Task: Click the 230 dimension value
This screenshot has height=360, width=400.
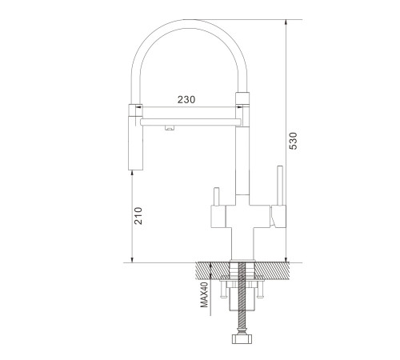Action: click(x=186, y=99)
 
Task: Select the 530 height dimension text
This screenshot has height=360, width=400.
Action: click(x=293, y=141)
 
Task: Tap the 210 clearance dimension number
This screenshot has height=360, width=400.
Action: click(x=138, y=216)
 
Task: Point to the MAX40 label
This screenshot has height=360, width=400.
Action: click(x=205, y=295)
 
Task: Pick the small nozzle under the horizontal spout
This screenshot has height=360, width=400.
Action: click(x=170, y=128)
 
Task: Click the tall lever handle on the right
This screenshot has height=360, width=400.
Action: click(x=280, y=186)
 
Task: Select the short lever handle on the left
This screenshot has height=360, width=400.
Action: click(x=216, y=197)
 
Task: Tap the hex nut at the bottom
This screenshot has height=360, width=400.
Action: click(x=242, y=339)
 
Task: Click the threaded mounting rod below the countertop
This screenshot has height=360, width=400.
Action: click(x=242, y=296)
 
